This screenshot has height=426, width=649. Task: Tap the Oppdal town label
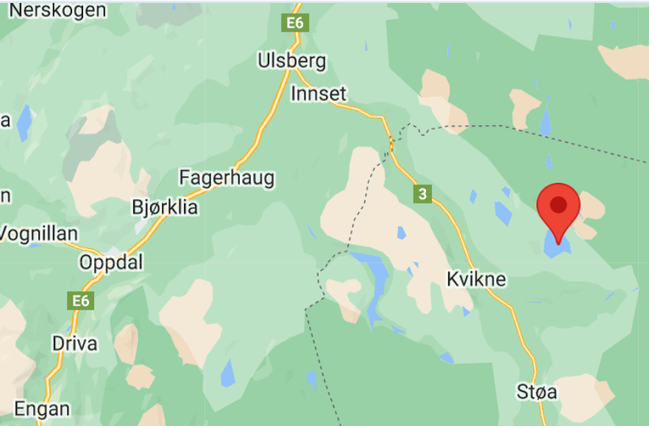pos(111,262)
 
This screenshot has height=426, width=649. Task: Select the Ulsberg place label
pos(291,60)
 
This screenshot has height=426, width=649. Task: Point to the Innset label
pos(318,94)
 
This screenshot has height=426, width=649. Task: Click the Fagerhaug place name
pos(227,178)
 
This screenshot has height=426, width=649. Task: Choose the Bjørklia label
pos(164,207)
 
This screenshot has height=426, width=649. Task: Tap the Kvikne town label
pos(476,279)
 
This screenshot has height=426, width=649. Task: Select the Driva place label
pos(74,343)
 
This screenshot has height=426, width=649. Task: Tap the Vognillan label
pos(38,234)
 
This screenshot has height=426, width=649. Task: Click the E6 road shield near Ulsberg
pos(295,23)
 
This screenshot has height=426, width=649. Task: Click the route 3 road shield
pos(422,195)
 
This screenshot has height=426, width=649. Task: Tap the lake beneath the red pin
pos(556,246)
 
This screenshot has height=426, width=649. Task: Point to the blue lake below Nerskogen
pos(25,122)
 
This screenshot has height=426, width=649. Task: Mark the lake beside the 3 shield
pos(401,233)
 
